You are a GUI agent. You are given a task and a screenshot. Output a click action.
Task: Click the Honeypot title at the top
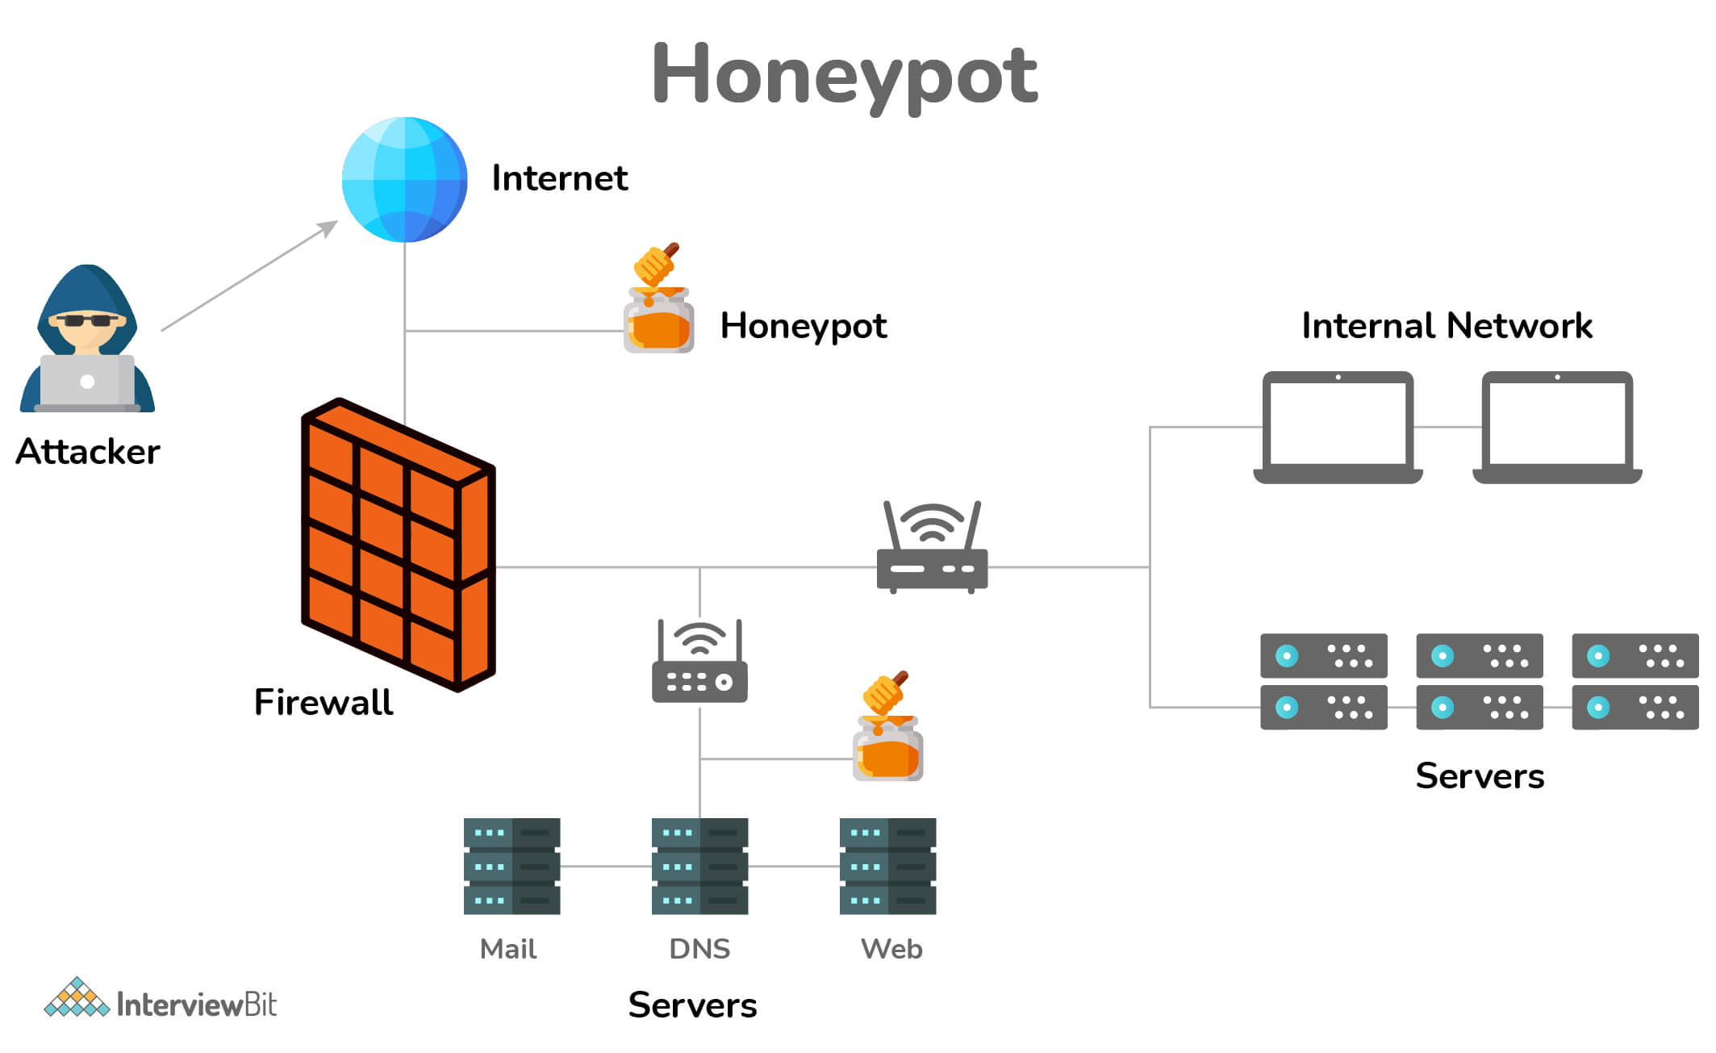click(x=844, y=74)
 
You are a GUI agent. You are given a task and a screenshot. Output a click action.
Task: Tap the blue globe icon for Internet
click(x=404, y=179)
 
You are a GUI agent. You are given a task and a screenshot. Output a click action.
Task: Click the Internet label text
click(x=559, y=178)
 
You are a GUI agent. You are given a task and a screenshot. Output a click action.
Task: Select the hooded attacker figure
click(x=87, y=339)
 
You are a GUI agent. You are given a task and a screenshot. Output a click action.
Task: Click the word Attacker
click(x=87, y=451)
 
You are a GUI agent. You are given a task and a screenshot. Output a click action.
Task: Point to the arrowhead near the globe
click(x=329, y=227)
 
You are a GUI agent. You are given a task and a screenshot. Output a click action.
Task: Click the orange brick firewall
click(x=397, y=545)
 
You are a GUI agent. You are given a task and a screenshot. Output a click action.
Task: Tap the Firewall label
click(x=323, y=701)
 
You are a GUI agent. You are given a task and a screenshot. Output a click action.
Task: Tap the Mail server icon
click(x=511, y=866)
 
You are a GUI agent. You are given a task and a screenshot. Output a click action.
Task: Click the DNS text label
click(x=699, y=948)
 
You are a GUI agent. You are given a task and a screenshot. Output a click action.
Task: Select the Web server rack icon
click(x=887, y=866)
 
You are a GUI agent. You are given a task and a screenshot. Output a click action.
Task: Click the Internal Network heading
click(x=1447, y=326)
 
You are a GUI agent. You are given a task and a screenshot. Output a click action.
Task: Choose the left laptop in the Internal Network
click(x=1338, y=428)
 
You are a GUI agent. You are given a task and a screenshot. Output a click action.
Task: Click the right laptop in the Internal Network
click(x=1557, y=428)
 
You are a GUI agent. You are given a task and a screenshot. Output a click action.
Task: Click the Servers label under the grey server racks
click(x=1480, y=775)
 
